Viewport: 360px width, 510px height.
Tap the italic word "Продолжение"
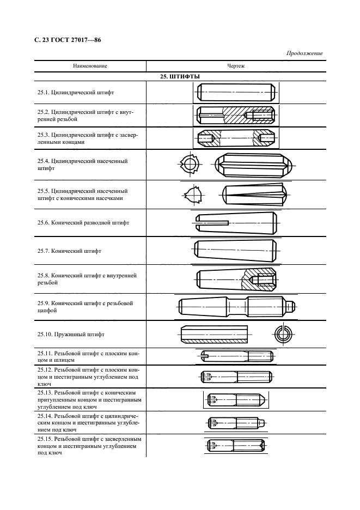click(x=304, y=53)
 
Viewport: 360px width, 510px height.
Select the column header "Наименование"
click(x=90, y=66)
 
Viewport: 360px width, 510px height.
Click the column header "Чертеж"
click(x=235, y=66)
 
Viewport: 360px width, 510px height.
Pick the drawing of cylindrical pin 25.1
click(x=236, y=93)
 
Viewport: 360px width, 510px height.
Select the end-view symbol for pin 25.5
click(x=193, y=193)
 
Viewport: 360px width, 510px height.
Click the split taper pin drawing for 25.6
click(x=236, y=222)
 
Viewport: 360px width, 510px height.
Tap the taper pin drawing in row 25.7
click(x=236, y=251)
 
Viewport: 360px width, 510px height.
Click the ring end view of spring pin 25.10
click(x=283, y=333)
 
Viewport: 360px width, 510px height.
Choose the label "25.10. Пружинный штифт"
click(x=71, y=334)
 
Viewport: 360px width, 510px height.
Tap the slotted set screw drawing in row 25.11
click(x=236, y=357)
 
